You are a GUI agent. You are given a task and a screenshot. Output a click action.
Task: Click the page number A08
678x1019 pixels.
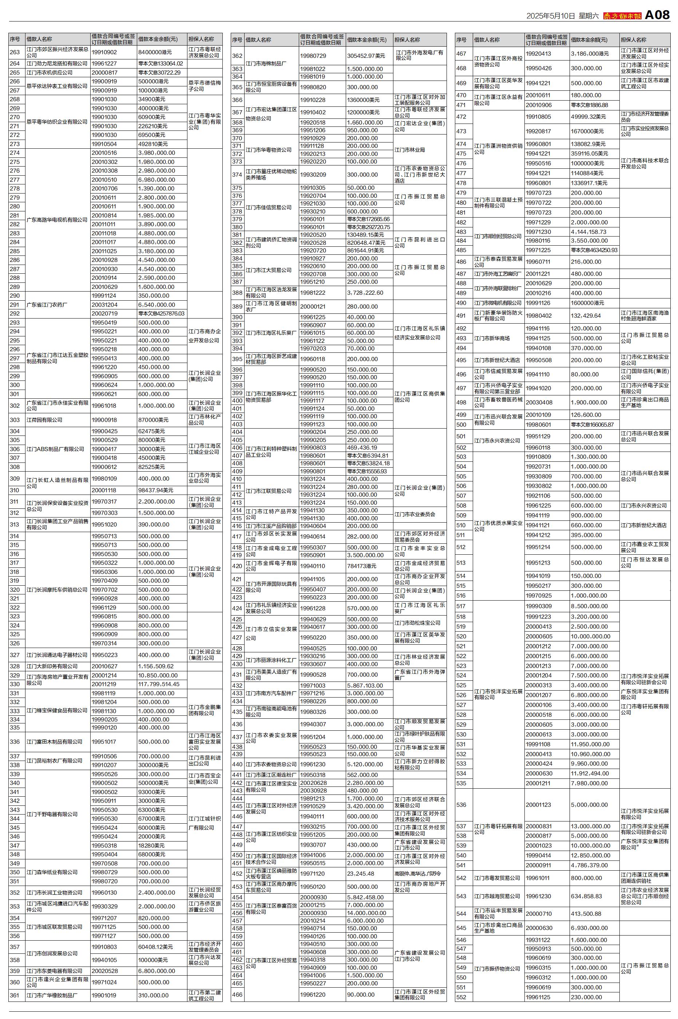[x=657, y=15]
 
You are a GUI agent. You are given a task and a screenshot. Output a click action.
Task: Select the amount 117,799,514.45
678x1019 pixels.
[x=158, y=684]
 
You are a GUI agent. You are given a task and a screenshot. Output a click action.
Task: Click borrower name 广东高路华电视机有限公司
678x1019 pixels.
[x=57, y=220]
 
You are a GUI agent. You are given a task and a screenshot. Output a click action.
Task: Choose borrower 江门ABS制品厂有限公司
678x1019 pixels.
[x=55, y=449]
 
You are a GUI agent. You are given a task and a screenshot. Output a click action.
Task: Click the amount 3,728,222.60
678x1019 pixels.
[x=365, y=293]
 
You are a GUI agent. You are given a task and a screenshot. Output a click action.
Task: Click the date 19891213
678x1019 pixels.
[x=312, y=798]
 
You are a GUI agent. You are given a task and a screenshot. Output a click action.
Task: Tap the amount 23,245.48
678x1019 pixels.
[x=361, y=874]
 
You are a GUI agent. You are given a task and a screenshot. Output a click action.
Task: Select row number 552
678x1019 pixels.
[x=461, y=997]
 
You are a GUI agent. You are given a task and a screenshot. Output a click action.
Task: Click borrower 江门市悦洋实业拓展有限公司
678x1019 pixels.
[x=498, y=694]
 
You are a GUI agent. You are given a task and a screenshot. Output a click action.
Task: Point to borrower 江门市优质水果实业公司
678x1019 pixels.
[x=498, y=526]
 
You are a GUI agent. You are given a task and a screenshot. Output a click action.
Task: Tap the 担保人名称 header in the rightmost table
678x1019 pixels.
[x=634, y=40]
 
